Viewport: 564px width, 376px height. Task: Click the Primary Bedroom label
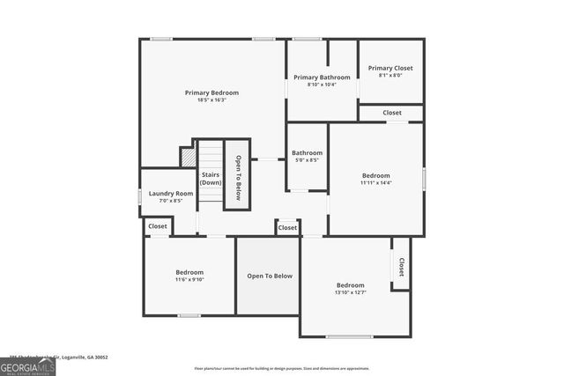211,92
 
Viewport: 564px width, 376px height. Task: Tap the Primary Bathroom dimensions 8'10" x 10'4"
322,85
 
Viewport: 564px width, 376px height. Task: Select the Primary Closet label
390,69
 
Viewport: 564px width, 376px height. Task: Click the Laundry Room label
171,193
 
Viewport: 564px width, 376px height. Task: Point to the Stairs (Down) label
211,178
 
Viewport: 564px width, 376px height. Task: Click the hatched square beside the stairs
188,157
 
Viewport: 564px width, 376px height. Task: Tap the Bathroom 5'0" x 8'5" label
307,157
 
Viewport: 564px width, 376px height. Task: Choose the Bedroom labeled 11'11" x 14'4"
375,179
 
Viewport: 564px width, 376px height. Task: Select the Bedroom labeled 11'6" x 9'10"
189,276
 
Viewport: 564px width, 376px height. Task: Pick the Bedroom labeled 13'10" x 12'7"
350,288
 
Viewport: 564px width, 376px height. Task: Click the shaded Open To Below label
269,276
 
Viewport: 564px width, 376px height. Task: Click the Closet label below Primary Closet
392,113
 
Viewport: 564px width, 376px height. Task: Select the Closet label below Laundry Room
158,226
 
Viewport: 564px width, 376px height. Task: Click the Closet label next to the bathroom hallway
288,228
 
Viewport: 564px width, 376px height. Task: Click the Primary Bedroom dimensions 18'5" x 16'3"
211,100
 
